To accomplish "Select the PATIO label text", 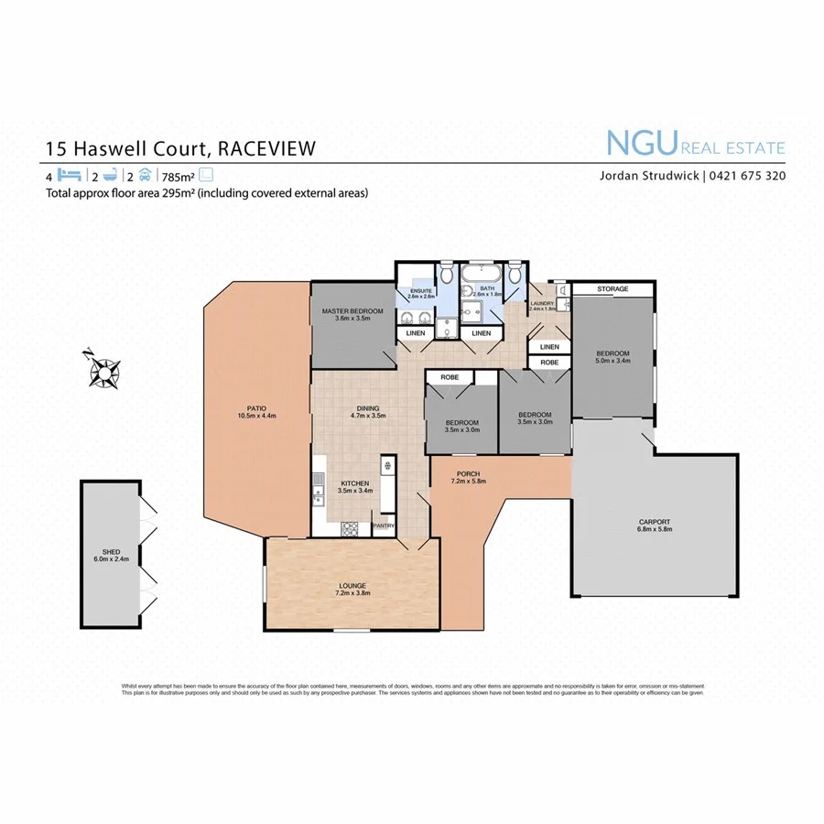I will [x=242, y=409].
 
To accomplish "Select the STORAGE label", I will [x=613, y=289].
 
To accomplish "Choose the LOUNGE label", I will [x=352, y=588].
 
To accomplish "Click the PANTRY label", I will [x=383, y=526].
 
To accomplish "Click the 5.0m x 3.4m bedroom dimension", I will [x=613, y=363].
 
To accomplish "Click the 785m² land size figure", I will [x=178, y=176].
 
